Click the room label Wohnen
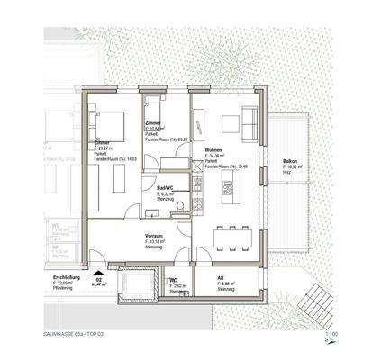click(x=213, y=150)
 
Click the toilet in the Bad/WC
click(x=181, y=208)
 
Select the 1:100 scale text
click(x=331, y=333)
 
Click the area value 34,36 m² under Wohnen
click(x=217, y=157)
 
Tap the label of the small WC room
click(x=174, y=280)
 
